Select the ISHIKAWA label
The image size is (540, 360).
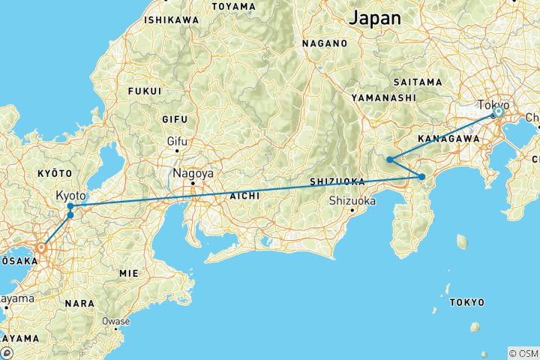tap(172, 19)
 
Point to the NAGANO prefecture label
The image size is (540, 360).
tap(325, 43)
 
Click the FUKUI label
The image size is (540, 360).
tap(145, 91)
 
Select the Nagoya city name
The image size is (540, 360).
tap(193, 172)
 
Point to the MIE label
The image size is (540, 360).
tap(128, 274)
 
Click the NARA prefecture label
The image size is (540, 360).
tap(81, 304)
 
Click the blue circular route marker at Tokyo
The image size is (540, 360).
tap(498, 112)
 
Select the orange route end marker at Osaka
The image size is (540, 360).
tap(41, 245)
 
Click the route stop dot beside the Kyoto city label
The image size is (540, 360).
tap(70, 206)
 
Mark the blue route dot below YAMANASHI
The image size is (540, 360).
tap(390, 160)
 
